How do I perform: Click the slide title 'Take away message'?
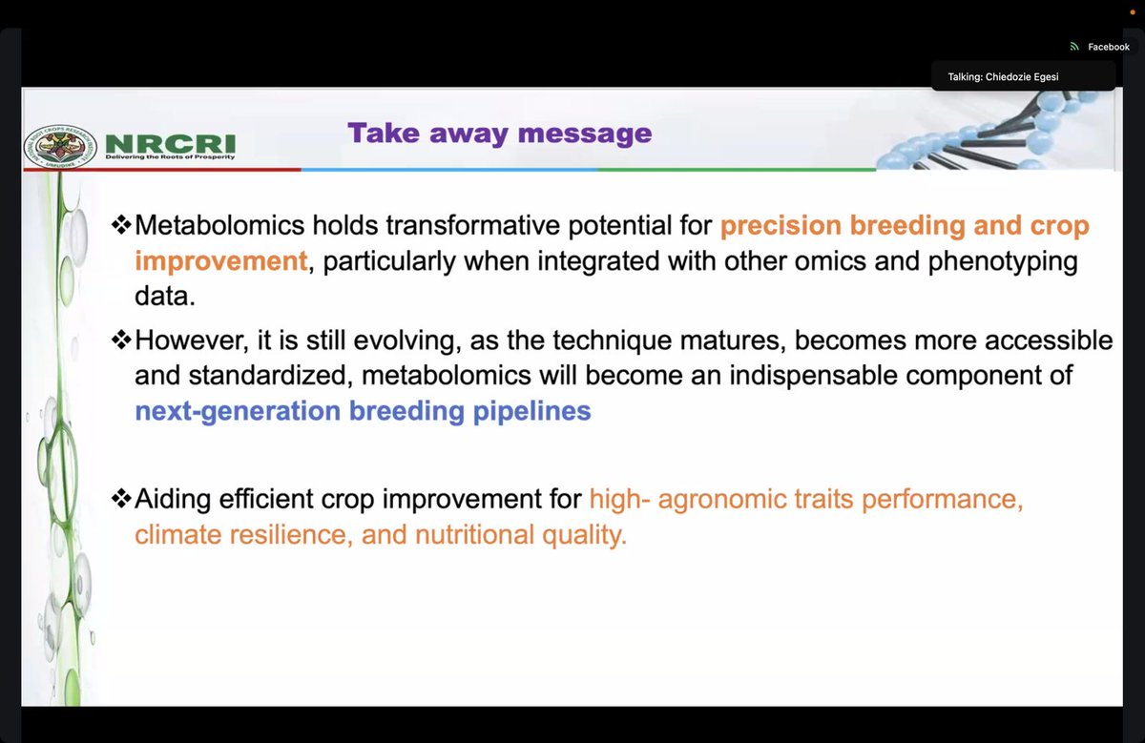tap(499, 133)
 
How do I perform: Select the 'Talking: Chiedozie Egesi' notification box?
tap(1023, 76)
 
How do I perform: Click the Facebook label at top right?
tap(1108, 47)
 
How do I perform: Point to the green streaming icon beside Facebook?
tap(1074, 47)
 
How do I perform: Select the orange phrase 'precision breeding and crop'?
tap(904, 226)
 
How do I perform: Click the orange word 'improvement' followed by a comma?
tap(220, 261)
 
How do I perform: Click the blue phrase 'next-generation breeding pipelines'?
tap(363, 411)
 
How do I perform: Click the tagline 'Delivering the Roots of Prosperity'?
tap(170, 156)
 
